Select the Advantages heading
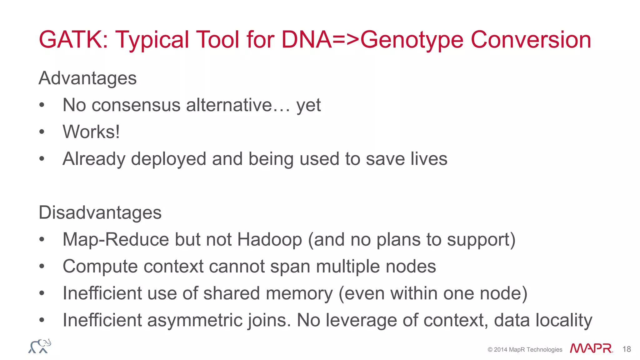pyautogui.click(x=87, y=78)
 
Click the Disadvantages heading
pyautogui.click(x=100, y=213)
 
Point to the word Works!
pyautogui.click(x=91, y=132)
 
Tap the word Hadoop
pyautogui.click(x=269, y=240)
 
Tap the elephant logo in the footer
pyautogui.click(x=40, y=346)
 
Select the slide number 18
pyautogui.click(x=627, y=349)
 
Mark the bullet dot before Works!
pyautogui.click(x=42, y=132)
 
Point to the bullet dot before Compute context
pyautogui.click(x=42, y=267)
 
